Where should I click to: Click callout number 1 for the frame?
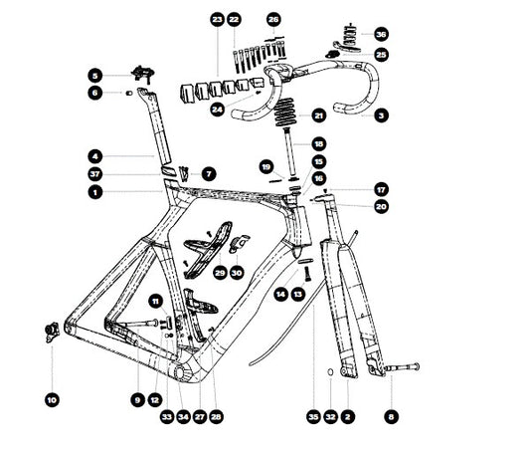(93, 191)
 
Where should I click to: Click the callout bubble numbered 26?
(274, 19)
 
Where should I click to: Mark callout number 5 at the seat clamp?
(93, 75)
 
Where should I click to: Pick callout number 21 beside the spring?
(319, 115)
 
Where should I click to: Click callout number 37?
(93, 173)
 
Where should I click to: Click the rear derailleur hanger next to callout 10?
(50, 330)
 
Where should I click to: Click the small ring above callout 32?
(330, 378)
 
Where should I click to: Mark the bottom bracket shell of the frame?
(190, 368)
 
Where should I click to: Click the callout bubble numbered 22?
(234, 19)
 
